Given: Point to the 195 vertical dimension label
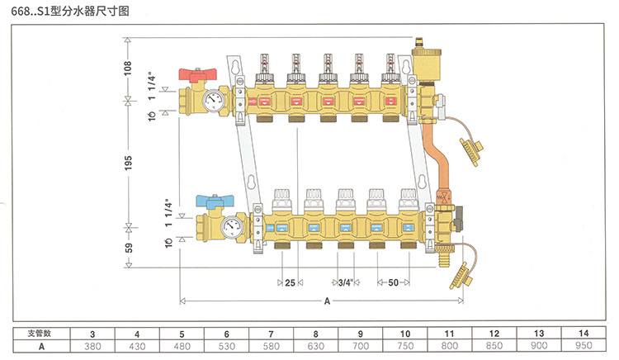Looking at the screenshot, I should coord(128,163).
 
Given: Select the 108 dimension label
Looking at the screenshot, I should coord(128,70).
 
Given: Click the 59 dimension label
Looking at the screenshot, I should coord(128,247).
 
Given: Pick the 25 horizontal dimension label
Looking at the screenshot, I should coord(290,283).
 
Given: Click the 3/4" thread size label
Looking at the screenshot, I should coord(345,283).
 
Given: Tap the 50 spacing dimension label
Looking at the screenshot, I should coord(393,283).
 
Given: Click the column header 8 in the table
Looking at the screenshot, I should coord(317,333).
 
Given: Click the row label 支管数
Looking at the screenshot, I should coord(40,333).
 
